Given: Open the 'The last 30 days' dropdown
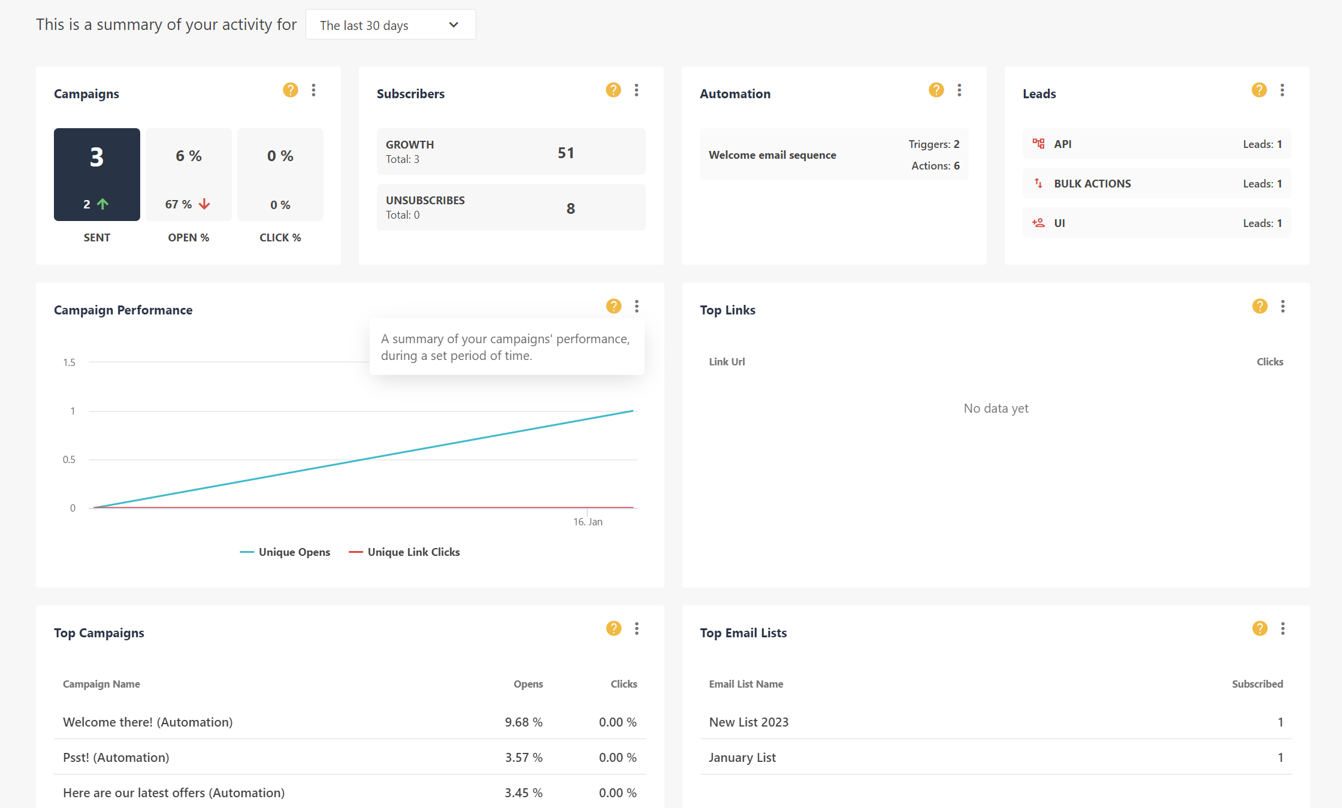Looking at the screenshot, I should tap(390, 25).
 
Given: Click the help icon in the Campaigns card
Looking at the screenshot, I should tap(291, 90).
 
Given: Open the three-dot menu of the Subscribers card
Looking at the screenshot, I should tap(636, 90).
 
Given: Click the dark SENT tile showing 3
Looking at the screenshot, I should tap(97, 174).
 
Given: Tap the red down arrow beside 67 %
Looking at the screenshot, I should tap(204, 204).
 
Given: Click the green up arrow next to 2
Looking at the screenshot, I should tap(103, 204).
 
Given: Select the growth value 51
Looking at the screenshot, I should tap(566, 153).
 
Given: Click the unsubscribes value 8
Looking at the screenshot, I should tap(570, 208).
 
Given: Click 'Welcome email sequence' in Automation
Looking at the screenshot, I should tap(772, 155).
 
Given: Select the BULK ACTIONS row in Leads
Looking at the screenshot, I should tap(1092, 184).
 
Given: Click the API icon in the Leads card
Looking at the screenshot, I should tap(1038, 144).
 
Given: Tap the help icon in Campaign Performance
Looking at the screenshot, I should tap(613, 306).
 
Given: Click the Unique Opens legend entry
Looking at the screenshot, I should tap(294, 552).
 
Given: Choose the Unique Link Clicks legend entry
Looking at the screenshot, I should tap(413, 552).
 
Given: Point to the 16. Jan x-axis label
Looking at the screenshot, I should tap(588, 522).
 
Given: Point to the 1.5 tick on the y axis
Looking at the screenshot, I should tap(69, 362).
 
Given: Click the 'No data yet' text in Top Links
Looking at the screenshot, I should tap(996, 408).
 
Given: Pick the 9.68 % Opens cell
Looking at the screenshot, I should tap(524, 722).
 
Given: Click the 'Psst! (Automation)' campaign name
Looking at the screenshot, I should tap(116, 758).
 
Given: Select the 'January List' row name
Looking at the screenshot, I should tap(742, 758).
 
